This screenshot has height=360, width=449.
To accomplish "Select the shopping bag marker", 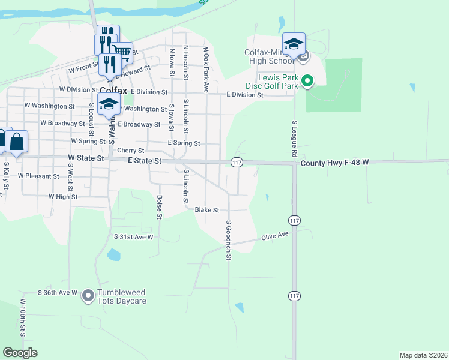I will (17, 142).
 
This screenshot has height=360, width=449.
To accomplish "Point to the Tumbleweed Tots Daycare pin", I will (88, 295).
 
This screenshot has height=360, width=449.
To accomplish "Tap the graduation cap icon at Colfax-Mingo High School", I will (294, 44).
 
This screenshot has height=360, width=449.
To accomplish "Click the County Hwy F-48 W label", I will (334, 163).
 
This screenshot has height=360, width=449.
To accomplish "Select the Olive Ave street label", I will (274, 237).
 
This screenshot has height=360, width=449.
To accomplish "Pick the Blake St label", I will (207, 210).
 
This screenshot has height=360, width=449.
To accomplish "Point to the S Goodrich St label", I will (229, 240).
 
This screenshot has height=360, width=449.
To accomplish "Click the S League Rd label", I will (295, 139).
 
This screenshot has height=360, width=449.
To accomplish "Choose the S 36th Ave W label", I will (58, 293).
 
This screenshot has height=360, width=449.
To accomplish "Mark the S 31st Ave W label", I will (134, 237).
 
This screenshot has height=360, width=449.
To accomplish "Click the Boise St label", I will (160, 206).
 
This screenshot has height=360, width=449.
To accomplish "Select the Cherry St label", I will (131, 151).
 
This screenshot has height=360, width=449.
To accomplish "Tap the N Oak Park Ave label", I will (205, 70).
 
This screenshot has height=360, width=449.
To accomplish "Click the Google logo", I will (20, 353).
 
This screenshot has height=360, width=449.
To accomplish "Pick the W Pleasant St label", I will (38, 176).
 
